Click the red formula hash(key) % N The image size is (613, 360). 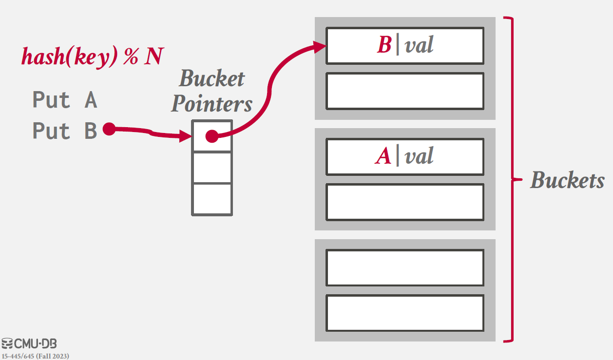[x=92, y=57]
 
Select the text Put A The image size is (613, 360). [x=65, y=100]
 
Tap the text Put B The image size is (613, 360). [x=65, y=131]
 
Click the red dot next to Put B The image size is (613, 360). [x=109, y=129]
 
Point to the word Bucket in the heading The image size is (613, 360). [x=211, y=78]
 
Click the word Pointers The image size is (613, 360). [x=211, y=103]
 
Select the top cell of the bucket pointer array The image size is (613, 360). [x=211, y=136]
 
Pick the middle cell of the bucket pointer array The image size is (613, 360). [x=211, y=168]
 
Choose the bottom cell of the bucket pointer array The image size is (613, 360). [x=211, y=199]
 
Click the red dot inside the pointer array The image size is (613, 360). [x=211, y=136]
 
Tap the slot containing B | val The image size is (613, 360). [x=404, y=46]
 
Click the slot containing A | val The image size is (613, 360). [x=404, y=157]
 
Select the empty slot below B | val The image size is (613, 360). [x=404, y=91]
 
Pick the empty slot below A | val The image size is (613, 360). [x=404, y=202]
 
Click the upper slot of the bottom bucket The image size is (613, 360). [x=404, y=268]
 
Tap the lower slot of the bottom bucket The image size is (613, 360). [x=404, y=313]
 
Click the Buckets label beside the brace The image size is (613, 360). [x=567, y=180]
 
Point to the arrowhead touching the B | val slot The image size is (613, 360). [x=320, y=47]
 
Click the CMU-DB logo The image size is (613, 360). [x=29, y=344]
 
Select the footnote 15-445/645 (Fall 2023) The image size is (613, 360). [x=35, y=356]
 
